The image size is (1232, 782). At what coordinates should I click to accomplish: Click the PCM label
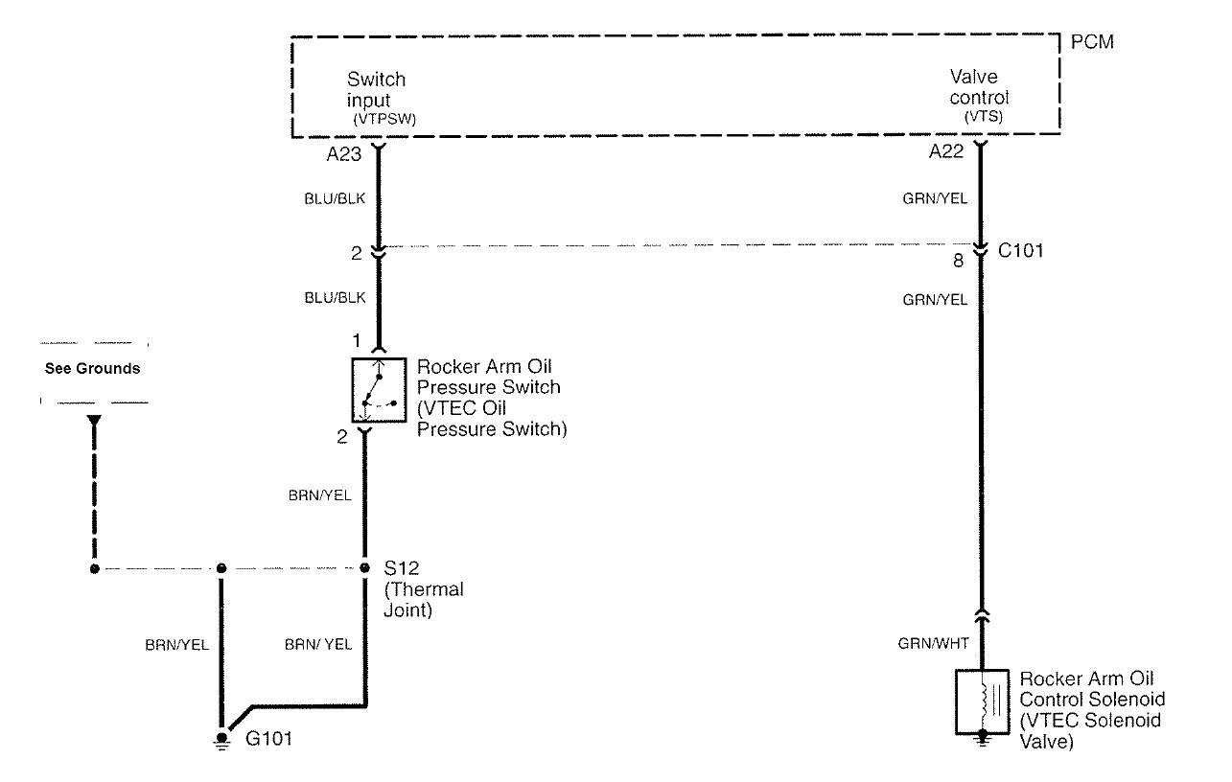1092,42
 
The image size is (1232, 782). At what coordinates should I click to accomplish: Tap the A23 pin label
344,154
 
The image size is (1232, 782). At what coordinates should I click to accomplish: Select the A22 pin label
946,151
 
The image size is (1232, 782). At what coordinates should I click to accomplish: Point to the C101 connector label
1020,251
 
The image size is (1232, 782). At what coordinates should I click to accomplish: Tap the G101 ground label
268,739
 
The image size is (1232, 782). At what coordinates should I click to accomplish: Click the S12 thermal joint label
424,588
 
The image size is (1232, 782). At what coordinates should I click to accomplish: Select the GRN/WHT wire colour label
934,643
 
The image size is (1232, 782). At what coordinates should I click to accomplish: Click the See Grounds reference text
92,368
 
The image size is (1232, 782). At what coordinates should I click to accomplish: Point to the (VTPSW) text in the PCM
384,120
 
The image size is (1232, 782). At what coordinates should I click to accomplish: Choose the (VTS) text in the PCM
984,117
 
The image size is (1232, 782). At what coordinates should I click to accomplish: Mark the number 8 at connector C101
958,261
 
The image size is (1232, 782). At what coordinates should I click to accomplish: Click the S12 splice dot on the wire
364,568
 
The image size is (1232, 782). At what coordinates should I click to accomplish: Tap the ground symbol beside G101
221,741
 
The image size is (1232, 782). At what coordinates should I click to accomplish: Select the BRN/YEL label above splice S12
319,495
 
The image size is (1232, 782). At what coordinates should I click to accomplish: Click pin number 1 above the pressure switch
357,341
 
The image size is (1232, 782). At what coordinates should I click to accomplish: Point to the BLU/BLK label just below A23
335,198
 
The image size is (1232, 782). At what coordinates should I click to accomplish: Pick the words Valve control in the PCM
979,87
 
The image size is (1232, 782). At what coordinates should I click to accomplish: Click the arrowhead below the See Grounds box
94,421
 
